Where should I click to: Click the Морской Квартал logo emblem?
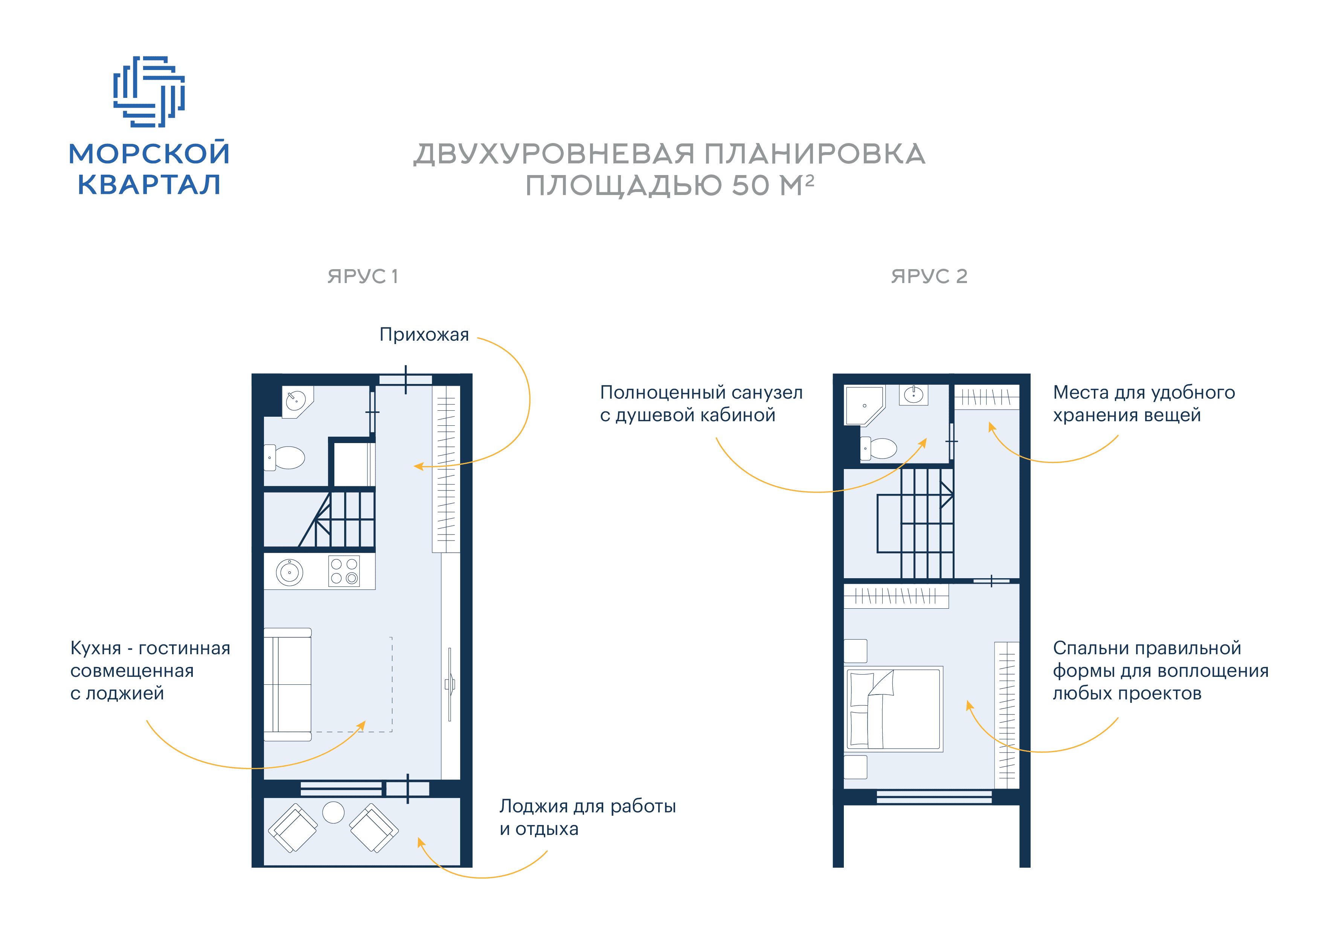tap(149, 91)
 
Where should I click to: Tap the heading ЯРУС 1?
tap(363, 276)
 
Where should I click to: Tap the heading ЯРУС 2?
tap(929, 276)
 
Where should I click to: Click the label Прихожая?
tap(424, 334)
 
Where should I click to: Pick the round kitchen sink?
tap(290, 572)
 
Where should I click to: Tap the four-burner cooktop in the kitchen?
tap(344, 571)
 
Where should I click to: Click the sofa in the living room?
tap(287, 684)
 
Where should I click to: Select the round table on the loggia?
tap(334, 812)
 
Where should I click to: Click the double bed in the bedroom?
tap(894, 709)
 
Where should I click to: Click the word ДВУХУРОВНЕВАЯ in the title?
tap(554, 154)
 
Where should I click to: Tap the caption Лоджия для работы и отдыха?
tap(587, 817)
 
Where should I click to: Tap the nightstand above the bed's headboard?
tap(856, 651)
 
